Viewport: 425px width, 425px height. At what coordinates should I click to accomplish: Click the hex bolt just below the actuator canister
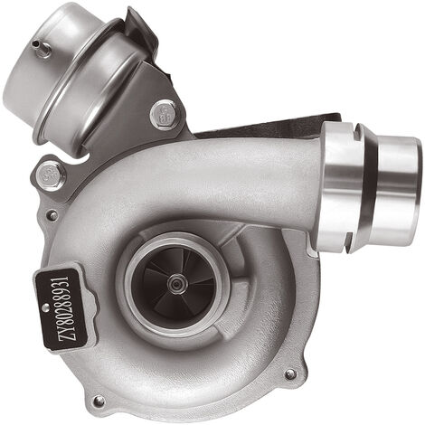tap(165, 115)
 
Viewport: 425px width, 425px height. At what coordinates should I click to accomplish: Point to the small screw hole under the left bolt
tap(52, 215)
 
